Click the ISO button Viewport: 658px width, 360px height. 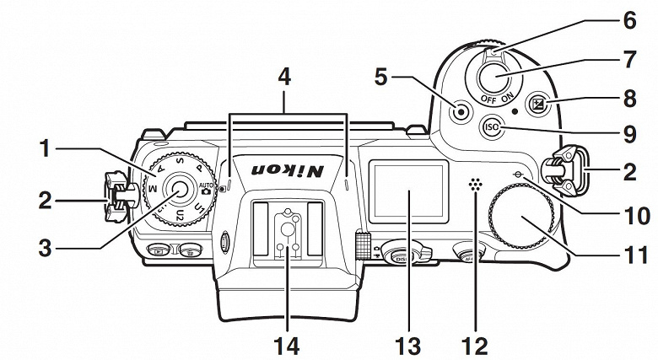point(492,128)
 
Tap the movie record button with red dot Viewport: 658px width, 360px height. point(461,110)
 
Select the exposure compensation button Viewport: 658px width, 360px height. point(537,105)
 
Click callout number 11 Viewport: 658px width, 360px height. point(628,255)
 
